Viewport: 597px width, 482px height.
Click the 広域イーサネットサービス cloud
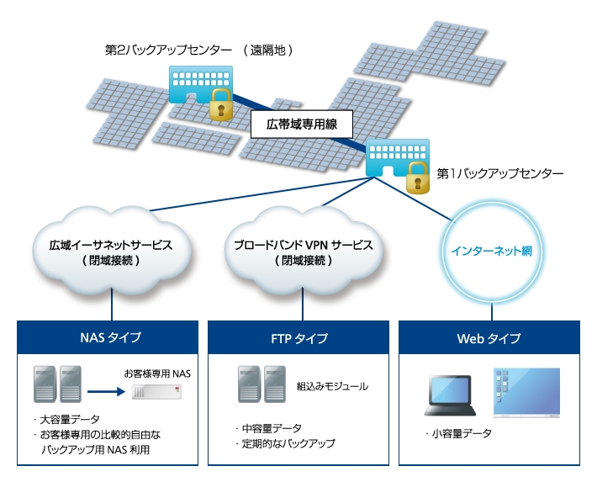click(117, 252)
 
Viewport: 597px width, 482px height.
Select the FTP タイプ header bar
click(299, 338)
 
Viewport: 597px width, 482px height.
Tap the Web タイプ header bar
click(489, 338)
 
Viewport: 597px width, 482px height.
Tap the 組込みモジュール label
click(332, 387)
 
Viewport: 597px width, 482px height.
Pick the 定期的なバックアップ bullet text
click(287, 442)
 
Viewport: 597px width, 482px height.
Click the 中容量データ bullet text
click(270, 427)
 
